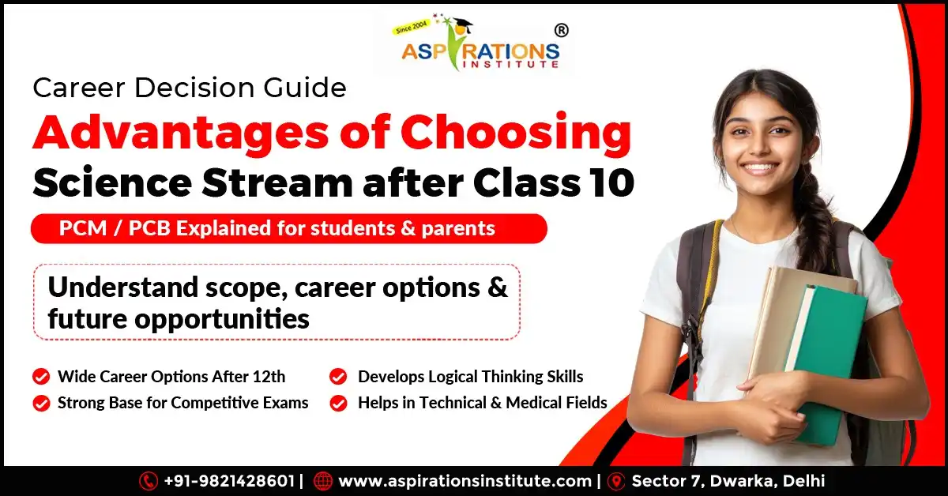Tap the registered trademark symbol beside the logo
(x=562, y=31)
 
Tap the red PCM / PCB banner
(x=288, y=228)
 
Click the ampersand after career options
(x=497, y=287)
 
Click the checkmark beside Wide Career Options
(x=41, y=376)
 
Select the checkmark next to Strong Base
(x=41, y=403)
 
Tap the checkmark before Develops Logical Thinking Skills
(x=338, y=376)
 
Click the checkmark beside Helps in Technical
(x=338, y=403)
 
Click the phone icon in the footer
(x=148, y=481)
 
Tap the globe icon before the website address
(x=322, y=481)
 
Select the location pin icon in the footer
(x=616, y=481)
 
